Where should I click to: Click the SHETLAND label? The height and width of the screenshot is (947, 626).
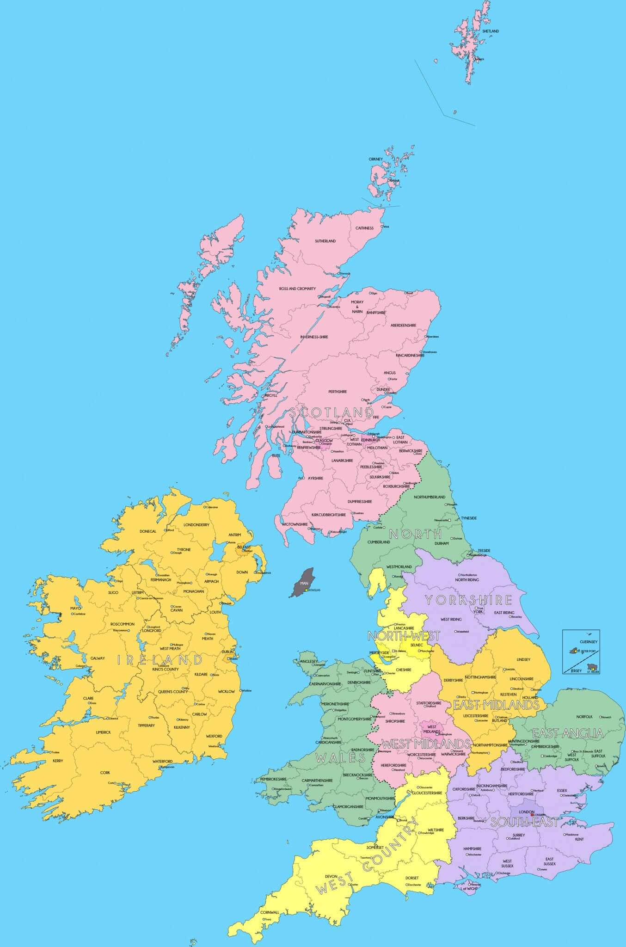coord(491,31)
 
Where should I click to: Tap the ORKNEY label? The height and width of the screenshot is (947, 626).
coord(376,159)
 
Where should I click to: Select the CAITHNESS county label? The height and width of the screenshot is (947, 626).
coord(364,228)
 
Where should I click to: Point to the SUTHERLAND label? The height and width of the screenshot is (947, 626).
coord(325,241)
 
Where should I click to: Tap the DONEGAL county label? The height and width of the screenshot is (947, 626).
coord(148,531)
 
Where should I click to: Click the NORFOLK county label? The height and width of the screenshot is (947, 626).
coord(584,717)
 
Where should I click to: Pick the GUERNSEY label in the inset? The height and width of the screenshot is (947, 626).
coord(589,642)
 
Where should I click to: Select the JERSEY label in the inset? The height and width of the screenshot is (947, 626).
coord(576,670)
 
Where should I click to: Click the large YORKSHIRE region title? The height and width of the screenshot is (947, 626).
coord(468,600)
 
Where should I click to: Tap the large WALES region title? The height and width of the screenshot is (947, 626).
coord(341,757)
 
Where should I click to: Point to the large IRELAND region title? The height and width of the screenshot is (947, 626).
coord(160,660)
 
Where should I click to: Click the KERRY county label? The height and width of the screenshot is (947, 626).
coord(58,761)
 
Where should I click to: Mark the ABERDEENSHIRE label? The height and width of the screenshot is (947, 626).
coord(403,325)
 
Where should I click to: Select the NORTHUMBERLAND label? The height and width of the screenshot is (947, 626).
coord(430,497)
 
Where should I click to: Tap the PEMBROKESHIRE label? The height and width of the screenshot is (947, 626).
coord(273,779)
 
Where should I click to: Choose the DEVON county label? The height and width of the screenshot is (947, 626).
coord(331,876)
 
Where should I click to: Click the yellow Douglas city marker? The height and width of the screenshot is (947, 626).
coord(307,590)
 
